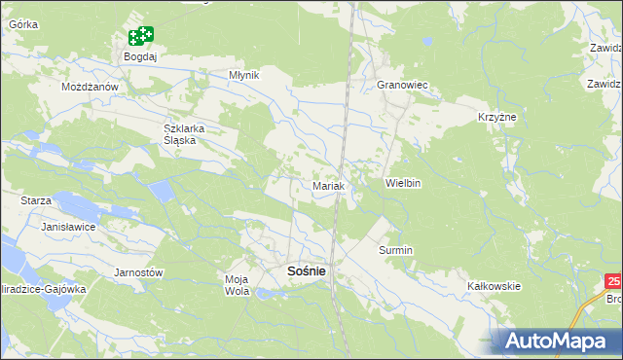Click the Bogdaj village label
coord(140,57)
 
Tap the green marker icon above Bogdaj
coord(141,37)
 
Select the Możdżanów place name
coord(90,87)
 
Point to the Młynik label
coord(243,74)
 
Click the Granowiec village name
coord(403,86)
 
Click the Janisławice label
coord(68,226)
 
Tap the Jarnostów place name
coord(138,272)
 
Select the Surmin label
coord(396,250)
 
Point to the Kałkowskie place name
coord(495,286)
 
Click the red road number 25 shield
coord(613,281)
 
